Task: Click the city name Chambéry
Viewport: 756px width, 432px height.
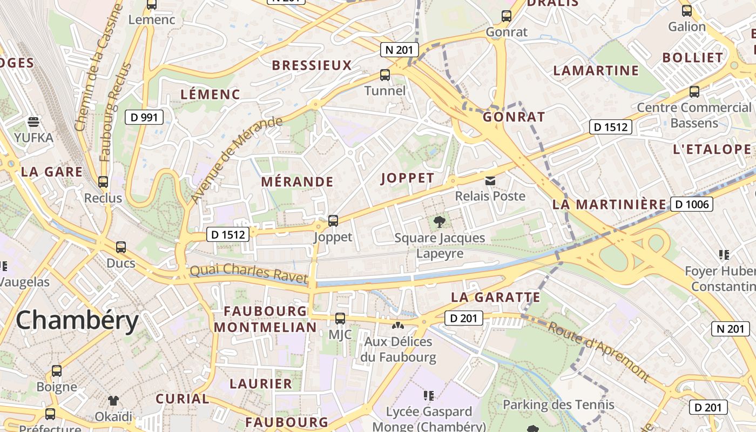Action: [x=77, y=320]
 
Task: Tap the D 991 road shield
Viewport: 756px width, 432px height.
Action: [x=144, y=117]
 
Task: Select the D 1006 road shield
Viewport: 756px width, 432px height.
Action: [x=692, y=204]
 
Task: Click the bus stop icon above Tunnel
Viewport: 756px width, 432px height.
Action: [x=385, y=75]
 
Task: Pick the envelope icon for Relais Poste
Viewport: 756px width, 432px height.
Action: [x=490, y=181]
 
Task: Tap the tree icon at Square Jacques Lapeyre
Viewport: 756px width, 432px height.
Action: [x=440, y=221]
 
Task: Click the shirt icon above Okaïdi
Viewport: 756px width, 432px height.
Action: [x=113, y=400]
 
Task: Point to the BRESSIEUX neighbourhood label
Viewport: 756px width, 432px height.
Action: [x=312, y=66]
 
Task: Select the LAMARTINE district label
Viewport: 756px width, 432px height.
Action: [x=596, y=71]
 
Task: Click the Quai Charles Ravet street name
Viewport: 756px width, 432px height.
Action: [x=248, y=273]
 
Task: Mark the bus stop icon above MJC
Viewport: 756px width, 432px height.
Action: [x=340, y=319]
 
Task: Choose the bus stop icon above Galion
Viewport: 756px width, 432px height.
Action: [x=687, y=10]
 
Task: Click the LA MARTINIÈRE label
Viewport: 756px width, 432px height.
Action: [x=610, y=204]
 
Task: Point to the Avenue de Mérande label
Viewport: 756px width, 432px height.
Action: [x=237, y=160]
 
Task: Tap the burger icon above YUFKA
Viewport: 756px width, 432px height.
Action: [x=33, y=122]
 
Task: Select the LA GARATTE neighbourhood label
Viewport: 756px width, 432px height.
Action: [x=495, y=297]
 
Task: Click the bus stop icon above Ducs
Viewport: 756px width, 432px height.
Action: [x=121, y=247]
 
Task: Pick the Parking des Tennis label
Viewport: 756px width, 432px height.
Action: [x=558, y=404]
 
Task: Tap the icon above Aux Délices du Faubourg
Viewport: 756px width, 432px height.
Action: [x=397, y=326]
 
